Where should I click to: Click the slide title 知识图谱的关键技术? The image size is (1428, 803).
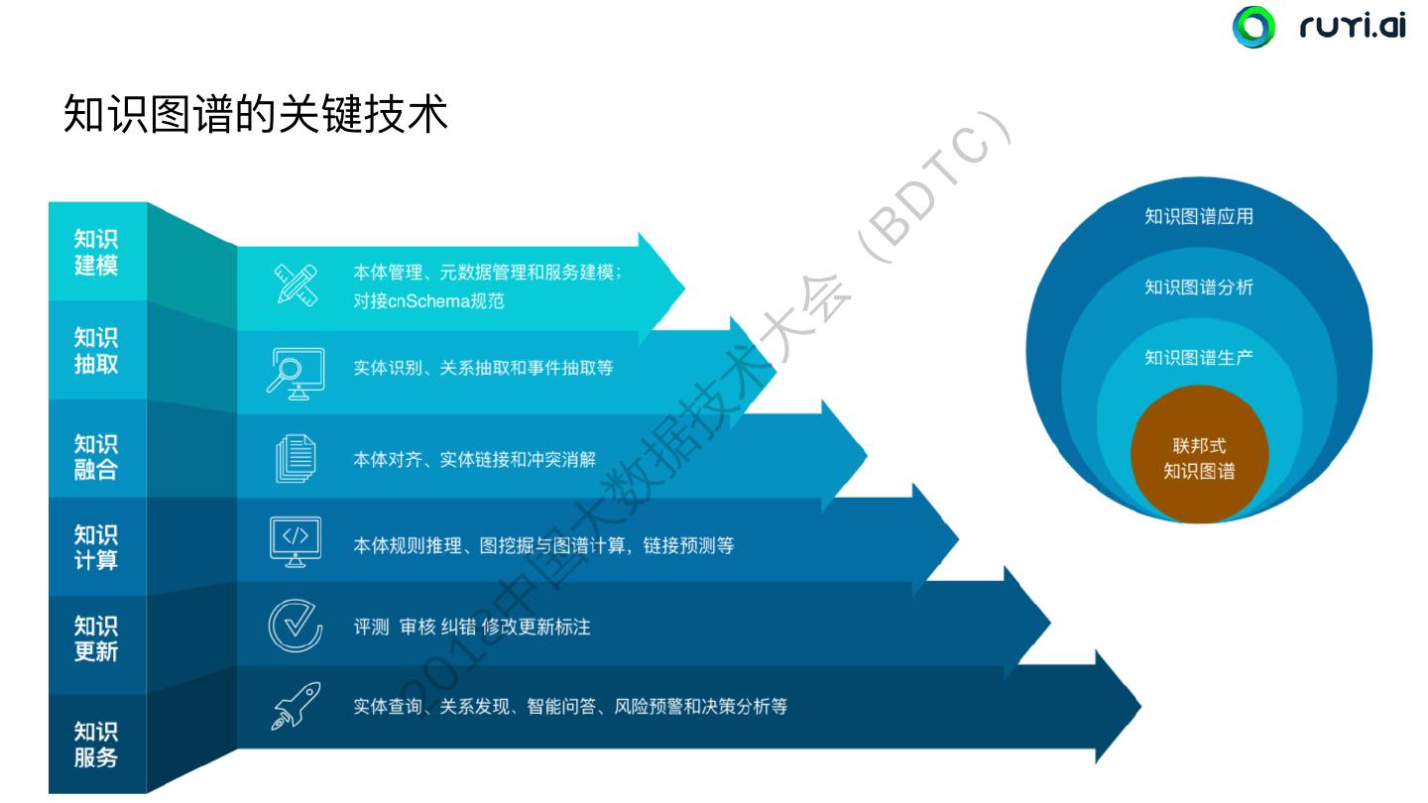coord(256,114)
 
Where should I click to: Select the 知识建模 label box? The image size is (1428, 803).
coord(96,252)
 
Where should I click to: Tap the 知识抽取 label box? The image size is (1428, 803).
coord(96,350)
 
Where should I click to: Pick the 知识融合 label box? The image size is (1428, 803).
coord(96,456)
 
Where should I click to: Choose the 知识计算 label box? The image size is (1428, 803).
coord(96,546)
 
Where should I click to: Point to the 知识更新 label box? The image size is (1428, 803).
coord(96,638)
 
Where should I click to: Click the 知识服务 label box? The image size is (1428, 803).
coord(96,744)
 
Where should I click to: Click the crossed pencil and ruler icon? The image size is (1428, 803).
coord(296,285)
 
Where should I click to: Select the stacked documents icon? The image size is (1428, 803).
coord(296,459)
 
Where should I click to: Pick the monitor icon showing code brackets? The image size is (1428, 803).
coord(296,541)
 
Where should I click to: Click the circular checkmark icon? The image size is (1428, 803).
coord(296,626)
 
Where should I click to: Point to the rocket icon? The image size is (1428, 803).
coord(296,706)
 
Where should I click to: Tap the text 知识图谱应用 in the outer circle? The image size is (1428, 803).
coord(1199,216)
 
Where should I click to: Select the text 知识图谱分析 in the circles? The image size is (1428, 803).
coord(1199,287)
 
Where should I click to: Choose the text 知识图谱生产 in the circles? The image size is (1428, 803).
coord(1199,357)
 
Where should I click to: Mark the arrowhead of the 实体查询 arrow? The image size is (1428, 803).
coord(1119,707)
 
